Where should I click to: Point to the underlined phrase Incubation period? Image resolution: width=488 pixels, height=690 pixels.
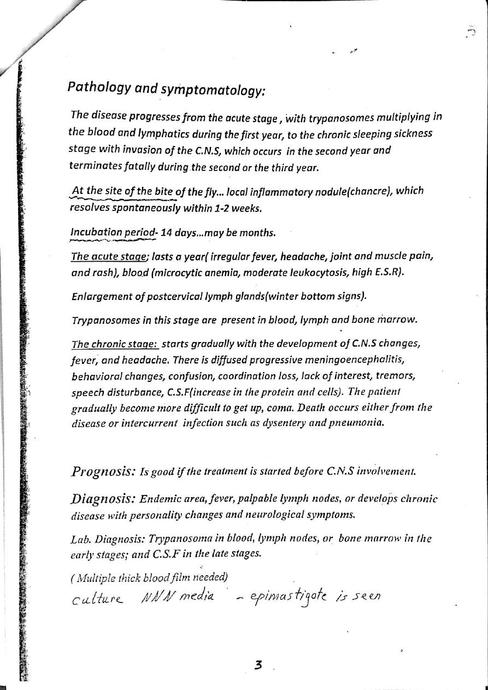(x=113, y=233)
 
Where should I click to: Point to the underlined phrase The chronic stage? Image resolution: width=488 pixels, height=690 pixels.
(x=115, y=344)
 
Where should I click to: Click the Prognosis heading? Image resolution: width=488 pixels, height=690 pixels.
(x=103, y=471)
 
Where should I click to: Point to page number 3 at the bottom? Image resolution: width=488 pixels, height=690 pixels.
(x=258, y=665)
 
